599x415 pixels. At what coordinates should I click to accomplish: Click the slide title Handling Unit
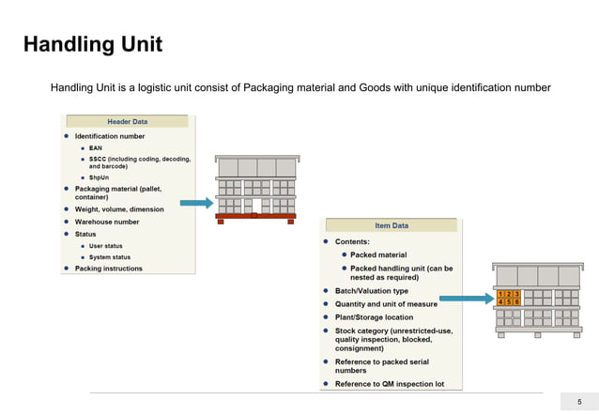(x=92, y=44)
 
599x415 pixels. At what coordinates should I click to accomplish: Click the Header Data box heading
(x=126, y=121)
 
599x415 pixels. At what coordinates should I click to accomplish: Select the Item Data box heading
(x=391, y=225)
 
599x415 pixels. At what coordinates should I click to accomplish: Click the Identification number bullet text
(x=110, y=136)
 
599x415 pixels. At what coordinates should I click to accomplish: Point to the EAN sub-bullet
(x=95, y=147)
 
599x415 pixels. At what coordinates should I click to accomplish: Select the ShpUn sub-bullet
(x=99, y=177)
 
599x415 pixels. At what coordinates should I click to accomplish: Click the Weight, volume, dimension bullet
(x=119, y=209)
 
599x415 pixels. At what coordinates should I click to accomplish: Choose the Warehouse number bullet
(x=107, y=222)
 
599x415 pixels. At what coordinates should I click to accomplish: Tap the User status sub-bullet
(x=105, y=246)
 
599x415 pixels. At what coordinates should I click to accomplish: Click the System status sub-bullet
(x=109, y=257)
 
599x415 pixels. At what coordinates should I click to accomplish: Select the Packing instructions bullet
(x=109, y=269)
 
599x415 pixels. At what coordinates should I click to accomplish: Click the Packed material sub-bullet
(x=378, y=254)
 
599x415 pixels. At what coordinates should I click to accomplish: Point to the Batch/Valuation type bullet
(x=373, y=291)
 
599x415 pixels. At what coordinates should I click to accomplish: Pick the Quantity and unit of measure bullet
(x=386, y=304)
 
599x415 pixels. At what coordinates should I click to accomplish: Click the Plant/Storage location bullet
(x=374, y=317)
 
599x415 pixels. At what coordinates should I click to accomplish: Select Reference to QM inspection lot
(x=390, y=384)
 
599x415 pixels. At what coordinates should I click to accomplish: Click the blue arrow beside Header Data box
(x=195, y=203)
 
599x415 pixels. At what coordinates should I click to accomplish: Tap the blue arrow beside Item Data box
(x=467, y=299)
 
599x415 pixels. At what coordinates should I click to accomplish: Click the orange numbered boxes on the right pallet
(x=508, y=298)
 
